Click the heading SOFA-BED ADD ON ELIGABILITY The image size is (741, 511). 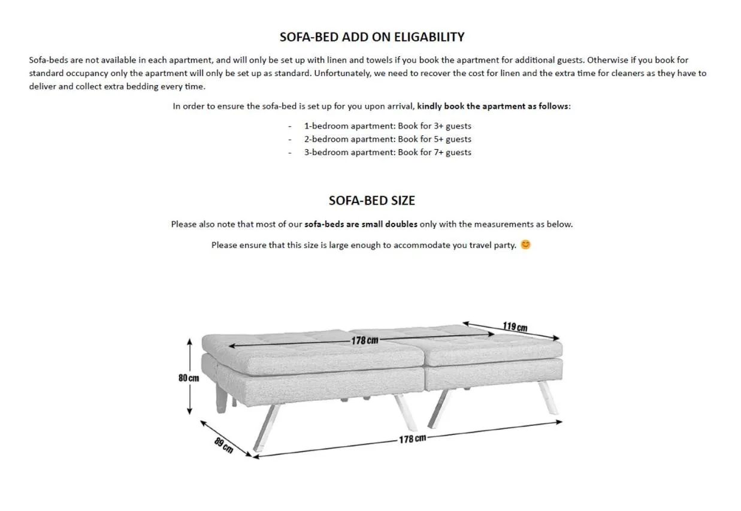(x=371, y=37)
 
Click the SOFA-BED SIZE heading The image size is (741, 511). (x=371, y=200)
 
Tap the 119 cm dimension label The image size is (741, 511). (x=515, y=327)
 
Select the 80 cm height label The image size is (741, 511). (x=189, y=378)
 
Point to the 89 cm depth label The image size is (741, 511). (x=224, y=445)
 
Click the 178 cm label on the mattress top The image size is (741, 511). (x=365, y=340)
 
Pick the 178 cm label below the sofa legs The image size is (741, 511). (x=413, y=439)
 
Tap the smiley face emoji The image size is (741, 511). (x=525, y=244)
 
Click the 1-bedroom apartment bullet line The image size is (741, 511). (x=388, y=126)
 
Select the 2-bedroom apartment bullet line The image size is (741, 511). (x=388, y=139)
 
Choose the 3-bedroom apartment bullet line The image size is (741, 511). (x=388, y=152)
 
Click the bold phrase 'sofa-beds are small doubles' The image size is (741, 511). (x=361, y=224)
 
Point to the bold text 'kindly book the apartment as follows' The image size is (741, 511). (x=493, y=106)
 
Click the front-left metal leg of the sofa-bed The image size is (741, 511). (x=266, y=427)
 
